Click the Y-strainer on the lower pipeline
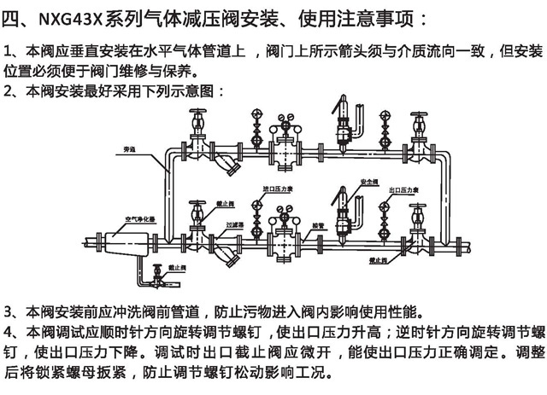(226, 253)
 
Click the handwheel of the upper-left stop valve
(196, 114)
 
